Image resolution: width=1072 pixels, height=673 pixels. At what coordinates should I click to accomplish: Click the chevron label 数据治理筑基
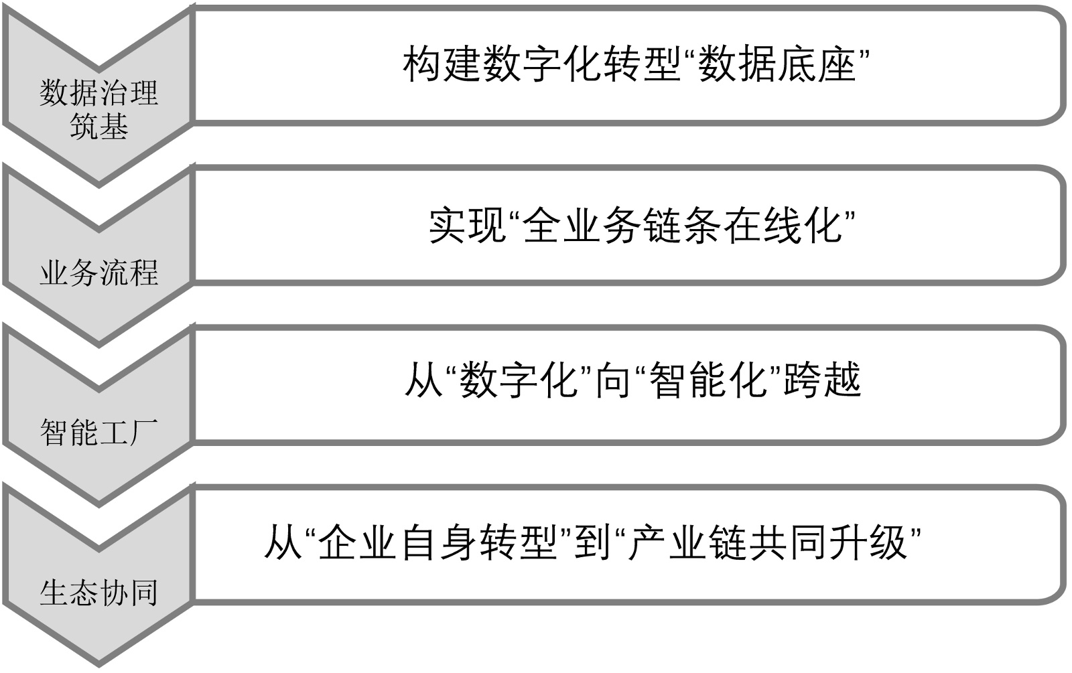click(98, 109)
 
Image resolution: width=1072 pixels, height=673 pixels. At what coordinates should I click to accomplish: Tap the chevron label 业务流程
click(98, 273)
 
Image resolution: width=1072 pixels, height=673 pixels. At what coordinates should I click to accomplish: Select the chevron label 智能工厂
click(98, 433)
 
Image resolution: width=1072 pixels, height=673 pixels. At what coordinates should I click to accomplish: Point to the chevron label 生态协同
click(98, 593)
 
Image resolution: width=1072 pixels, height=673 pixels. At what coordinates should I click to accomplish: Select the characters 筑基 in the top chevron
click(98, 126)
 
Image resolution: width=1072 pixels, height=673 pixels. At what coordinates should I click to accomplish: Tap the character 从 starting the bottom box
click(283, 541)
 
